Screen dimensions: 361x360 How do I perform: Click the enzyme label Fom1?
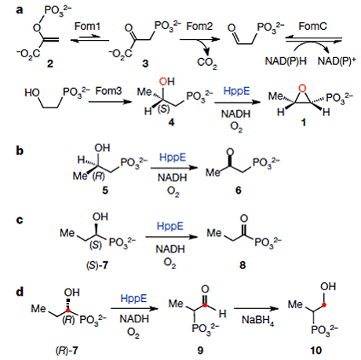coord(87,26)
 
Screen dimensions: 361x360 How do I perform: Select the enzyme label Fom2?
coord(199,26)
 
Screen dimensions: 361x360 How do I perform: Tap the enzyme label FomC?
coord(312,26)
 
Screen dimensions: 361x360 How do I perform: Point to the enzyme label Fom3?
coord(108,91)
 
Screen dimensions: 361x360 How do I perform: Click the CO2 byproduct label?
coord(207,63)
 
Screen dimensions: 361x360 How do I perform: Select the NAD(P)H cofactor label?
coord(286,61)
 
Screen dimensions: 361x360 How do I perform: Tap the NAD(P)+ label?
coord(337,61)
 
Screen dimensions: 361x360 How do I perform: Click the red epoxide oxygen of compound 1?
coord(302,89)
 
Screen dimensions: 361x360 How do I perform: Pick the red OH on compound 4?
coord(166,82)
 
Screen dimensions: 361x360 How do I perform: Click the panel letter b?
coord(20,151)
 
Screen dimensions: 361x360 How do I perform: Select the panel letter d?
coord(20,291)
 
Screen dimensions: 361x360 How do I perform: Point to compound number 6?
coord(238,191)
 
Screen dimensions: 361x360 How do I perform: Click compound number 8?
coord(242,265)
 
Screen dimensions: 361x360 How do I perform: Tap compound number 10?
coord(315,350)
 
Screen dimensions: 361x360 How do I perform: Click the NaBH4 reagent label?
coord(258,320)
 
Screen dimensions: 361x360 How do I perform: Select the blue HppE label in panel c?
coord(170,226)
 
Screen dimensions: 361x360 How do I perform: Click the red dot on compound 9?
coord(206,305)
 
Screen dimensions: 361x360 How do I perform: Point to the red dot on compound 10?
coord(324,304)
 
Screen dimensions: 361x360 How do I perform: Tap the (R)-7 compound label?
coord(67,351)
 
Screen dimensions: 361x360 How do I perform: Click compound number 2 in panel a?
coord(50,64)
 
